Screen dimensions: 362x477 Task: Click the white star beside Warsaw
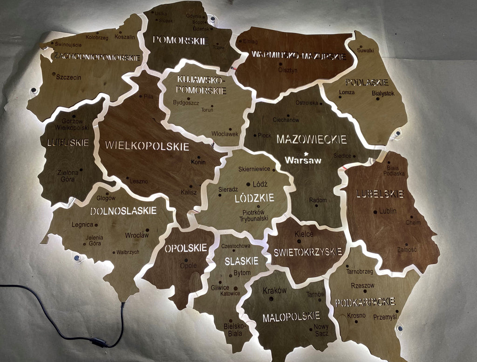[x=306, y=153]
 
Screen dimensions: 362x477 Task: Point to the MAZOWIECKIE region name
[x=312, y=139]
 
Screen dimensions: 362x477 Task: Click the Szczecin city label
[x=68, y=77]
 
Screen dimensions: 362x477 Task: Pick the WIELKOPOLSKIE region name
[x=147, y=145]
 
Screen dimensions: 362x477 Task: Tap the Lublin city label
[x=388, y=211]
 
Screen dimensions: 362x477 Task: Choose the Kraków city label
[x=275, y=290]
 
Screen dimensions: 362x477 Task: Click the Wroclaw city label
[x=137, y=235]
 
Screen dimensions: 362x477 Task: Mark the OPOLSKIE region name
[x=185, y=248]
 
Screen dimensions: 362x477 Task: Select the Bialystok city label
[x=383, y=93]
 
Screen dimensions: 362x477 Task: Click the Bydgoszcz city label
[x=186, y=102]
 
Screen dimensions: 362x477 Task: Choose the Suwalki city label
[x=366, y=50]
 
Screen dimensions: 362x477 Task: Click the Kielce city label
[x=304, y=234]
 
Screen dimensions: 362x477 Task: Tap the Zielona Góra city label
[x=68, y=176]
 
